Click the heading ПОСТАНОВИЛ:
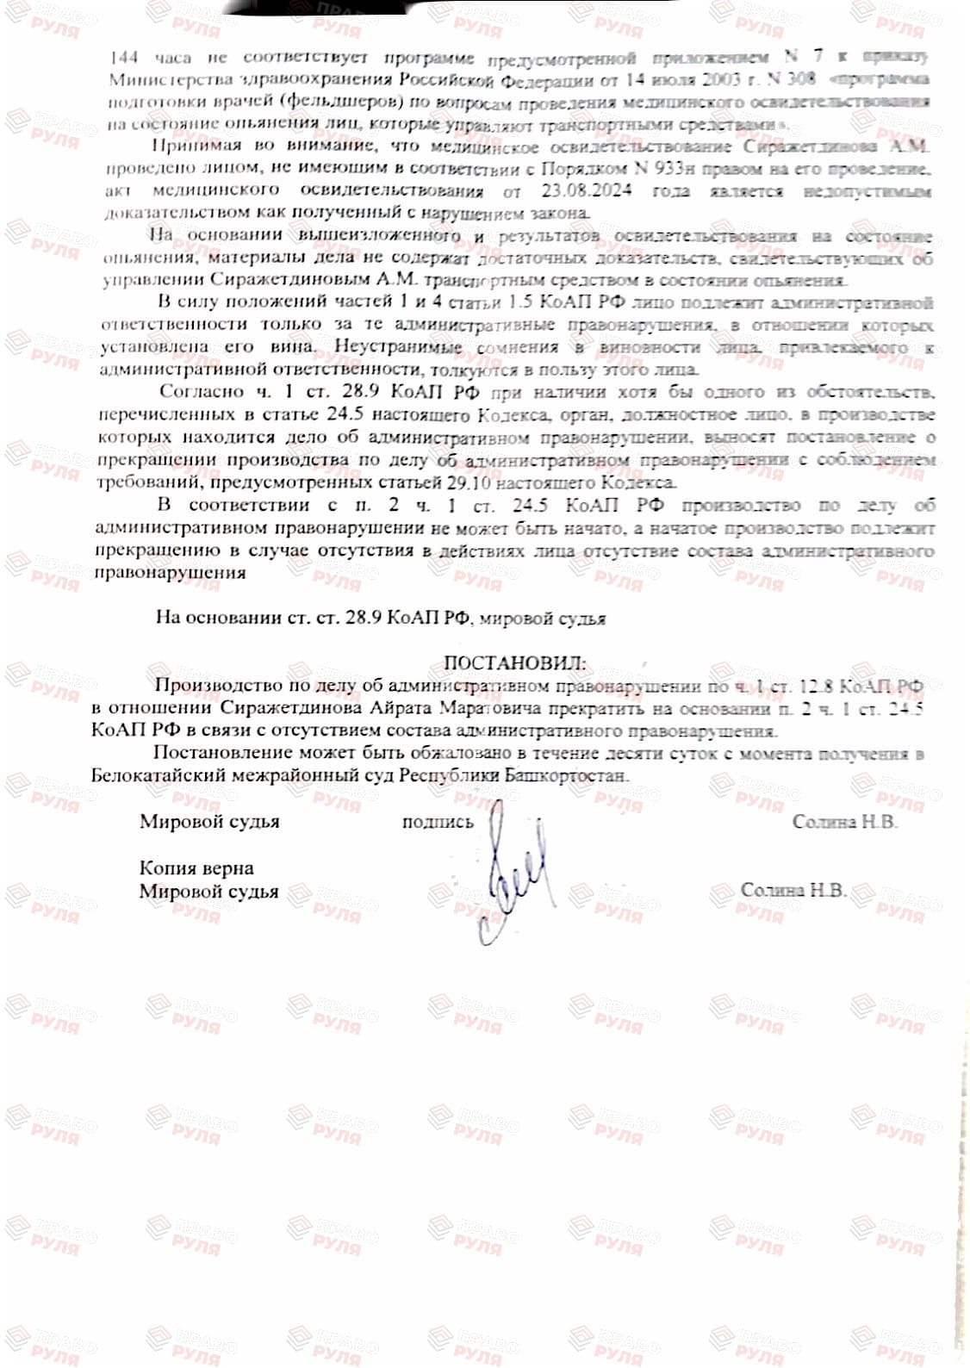(513, 663)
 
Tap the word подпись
(438, 822)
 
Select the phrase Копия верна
(196, 867)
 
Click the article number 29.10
(472, 482)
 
